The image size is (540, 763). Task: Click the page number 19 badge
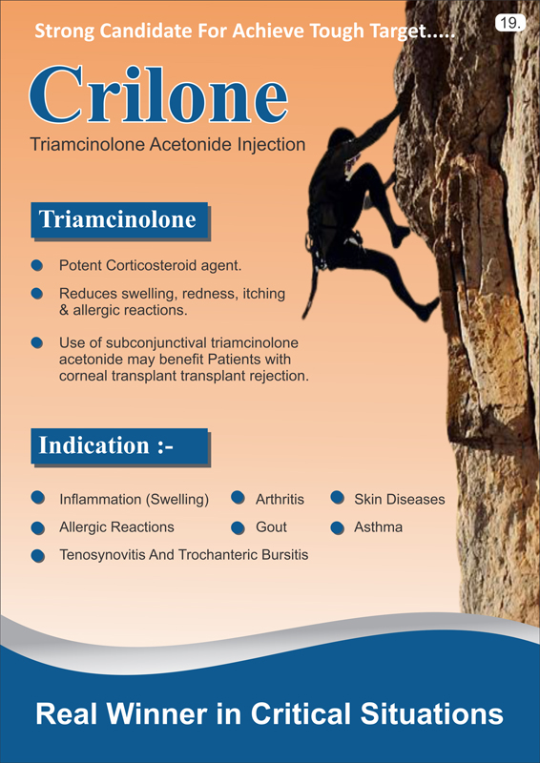510,24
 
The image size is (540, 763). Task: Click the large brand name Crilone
158,94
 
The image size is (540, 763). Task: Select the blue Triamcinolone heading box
120,221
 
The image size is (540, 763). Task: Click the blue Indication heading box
120,446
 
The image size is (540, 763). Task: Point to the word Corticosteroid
158,266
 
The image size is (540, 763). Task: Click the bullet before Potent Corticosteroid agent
37,266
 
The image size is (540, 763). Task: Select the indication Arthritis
280,499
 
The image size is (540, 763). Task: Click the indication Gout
271,527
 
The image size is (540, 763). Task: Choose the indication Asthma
379,527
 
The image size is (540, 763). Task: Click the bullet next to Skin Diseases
338,498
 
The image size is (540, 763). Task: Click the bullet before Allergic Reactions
37,527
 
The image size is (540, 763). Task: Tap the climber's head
339,137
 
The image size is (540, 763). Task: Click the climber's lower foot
428,310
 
